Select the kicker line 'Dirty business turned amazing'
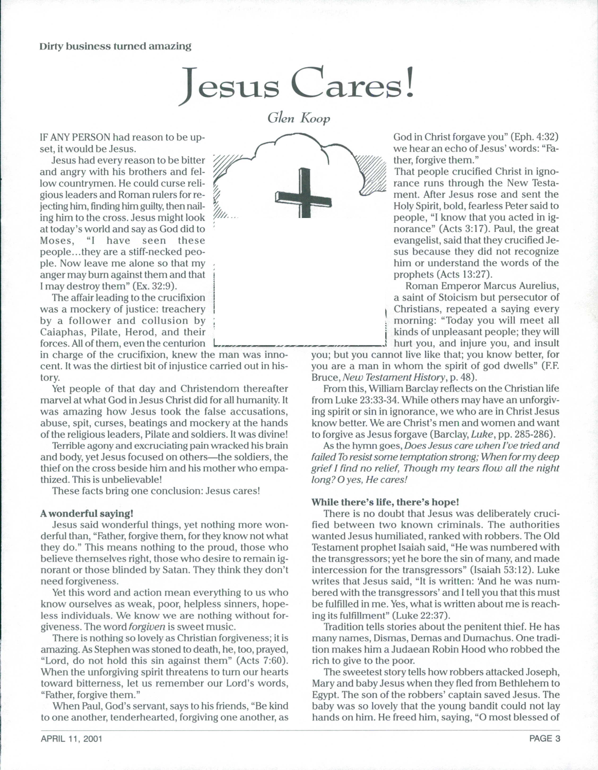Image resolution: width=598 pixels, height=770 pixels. pyautogui.click(x=116, y=46)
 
